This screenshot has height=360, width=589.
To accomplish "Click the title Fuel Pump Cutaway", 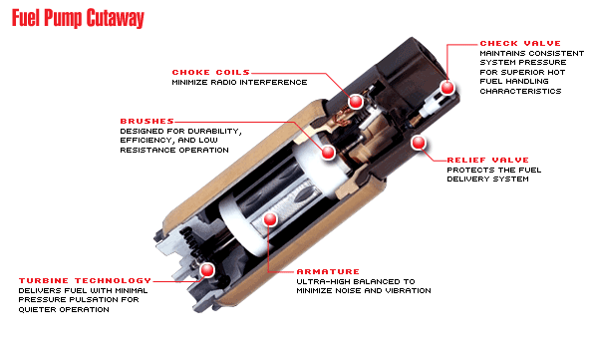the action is point(78,18).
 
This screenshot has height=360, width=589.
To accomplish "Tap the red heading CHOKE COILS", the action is point(210,72).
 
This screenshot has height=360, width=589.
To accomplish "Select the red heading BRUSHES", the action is point(147,121).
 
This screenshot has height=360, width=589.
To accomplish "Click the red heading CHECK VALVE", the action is point(520,43).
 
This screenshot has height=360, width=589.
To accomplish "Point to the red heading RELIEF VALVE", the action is point(487,160).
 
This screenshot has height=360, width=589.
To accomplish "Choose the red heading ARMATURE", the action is point(328,271).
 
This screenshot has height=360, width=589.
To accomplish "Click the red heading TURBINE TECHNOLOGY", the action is point(85,280).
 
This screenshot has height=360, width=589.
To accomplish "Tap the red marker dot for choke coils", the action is point(356,102).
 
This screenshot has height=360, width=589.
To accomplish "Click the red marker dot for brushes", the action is point(328,153).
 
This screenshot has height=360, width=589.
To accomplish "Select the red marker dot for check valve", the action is point(447,88).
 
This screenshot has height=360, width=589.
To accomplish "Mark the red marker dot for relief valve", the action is point(419,143).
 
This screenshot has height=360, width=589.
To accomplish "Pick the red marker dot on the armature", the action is point(270,219).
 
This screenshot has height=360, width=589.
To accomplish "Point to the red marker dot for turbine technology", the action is point(206,270).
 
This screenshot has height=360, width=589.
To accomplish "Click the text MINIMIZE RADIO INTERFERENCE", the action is point(239,83).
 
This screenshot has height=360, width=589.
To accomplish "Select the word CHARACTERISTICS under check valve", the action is point(520,91).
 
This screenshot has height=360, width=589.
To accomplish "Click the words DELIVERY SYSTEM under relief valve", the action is point(487,180).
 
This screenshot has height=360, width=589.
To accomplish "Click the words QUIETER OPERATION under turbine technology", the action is point(64,310).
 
